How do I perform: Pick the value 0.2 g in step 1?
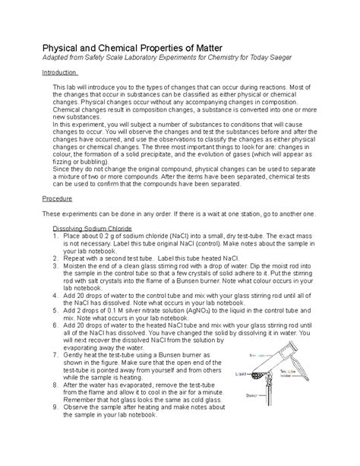109,236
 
